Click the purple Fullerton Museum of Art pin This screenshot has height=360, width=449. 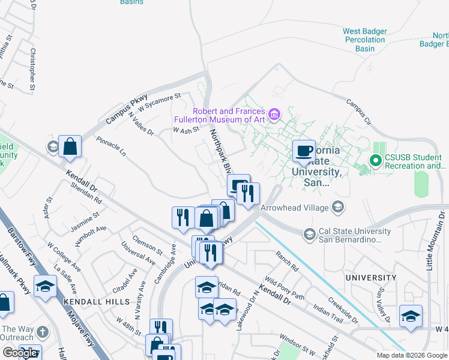(x=274, y=114)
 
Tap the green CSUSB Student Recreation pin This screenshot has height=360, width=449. (x=376, y=161)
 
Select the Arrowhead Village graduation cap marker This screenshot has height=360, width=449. (x=337, y=208)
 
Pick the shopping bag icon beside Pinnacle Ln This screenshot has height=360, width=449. (x=70, y=147)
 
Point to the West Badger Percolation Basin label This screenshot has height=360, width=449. (x=365, y=40)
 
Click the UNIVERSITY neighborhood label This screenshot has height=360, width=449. (x=370, y=278)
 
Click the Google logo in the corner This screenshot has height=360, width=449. (x=20, y=353)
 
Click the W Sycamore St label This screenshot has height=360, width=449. (x=159, y=101)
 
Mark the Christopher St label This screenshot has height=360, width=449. (x=34, y=69)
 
